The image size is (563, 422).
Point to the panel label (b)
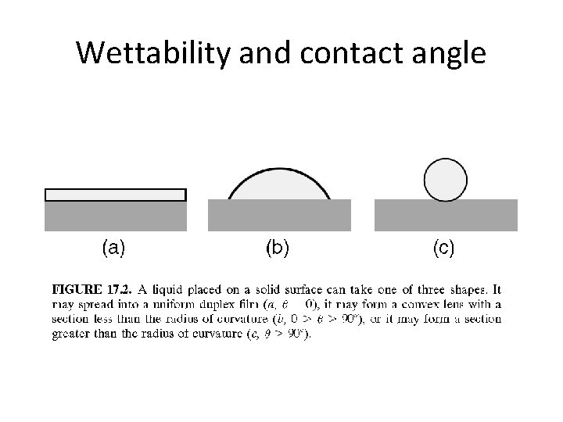[x=278, y=249]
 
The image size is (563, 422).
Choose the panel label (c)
[x=443, y=249]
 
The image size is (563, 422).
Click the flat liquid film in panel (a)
[x=116, y=195]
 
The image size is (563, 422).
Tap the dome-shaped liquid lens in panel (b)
[x=279, y=186]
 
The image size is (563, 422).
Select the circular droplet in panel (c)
[x=445, y=179]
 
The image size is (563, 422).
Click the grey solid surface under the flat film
[x=116, y=216]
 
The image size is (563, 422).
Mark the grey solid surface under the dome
[x=279, y=215]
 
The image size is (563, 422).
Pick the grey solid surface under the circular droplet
[x=446, y=215]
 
